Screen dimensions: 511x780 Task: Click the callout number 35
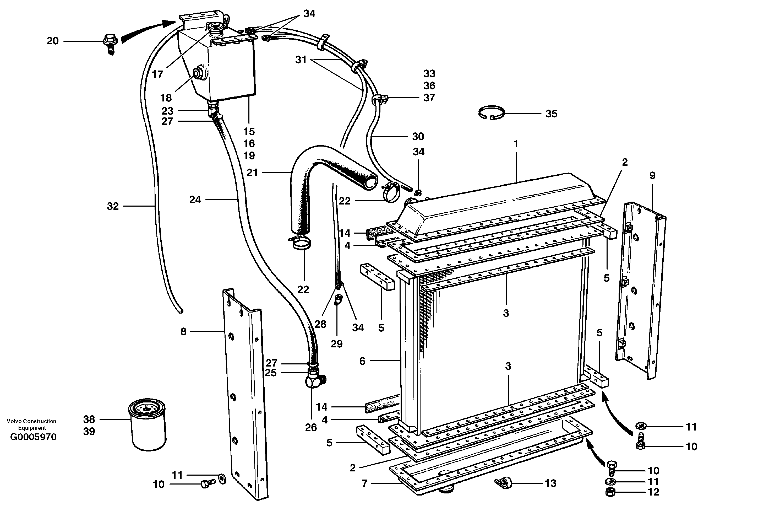(551, 114)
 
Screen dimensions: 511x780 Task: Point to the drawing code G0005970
(34, 437)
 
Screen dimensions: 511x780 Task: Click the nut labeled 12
(610, 492)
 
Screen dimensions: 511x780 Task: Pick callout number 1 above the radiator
(516, 144)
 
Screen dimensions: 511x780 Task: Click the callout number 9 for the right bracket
(652, 176)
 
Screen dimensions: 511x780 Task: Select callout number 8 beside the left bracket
(183, 332)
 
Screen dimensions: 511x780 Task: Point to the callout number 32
(113, 206)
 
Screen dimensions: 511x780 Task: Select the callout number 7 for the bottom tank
(364, 483)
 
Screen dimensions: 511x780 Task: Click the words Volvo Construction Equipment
(32, 424)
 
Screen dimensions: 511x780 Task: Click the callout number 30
(418, 136)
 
